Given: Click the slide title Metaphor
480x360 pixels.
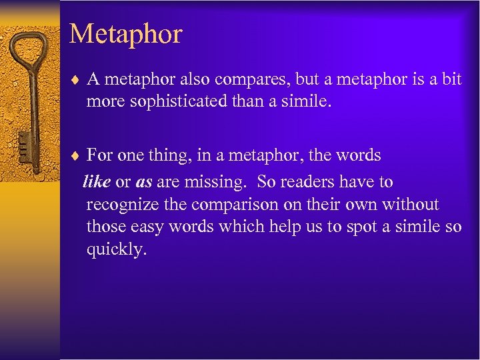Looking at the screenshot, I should (x=125, y=33).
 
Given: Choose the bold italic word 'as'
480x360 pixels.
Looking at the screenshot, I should (x=144, y=181).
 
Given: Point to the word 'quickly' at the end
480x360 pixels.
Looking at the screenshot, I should (x=116, y=250).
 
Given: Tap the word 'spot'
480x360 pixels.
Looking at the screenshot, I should (x=369, y=227).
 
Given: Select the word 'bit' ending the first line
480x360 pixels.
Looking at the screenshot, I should (x=451, y=80).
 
